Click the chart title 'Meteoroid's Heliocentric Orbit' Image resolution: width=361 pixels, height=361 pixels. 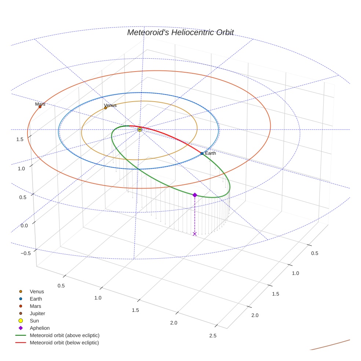[180, 32]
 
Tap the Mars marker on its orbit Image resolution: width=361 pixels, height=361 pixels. [40, 107]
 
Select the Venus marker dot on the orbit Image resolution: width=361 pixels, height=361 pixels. [106, 108]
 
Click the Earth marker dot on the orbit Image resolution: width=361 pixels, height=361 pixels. [202, 153]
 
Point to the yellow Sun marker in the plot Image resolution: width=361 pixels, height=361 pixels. [140, 130]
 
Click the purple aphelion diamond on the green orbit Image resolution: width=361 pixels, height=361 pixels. [195, 195]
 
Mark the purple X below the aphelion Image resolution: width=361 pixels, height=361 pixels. [195, 234]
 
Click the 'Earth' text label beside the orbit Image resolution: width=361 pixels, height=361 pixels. [211, 153]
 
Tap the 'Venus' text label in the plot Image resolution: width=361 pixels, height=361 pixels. [110, 105]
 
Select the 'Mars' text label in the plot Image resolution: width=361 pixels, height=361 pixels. [40, 104]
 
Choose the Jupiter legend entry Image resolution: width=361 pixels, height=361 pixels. [37, 314]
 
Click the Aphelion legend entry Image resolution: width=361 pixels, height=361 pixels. [40, 328]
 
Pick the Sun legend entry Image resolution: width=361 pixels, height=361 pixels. [34, 321]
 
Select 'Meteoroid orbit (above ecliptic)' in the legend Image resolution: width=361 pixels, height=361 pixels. [65, 335]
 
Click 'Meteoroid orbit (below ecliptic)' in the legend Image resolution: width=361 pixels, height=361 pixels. [64, 343]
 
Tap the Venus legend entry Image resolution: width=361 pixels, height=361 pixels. [37, 292]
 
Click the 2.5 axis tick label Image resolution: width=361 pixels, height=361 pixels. [212, 336]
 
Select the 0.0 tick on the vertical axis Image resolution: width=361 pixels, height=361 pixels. [24, 225]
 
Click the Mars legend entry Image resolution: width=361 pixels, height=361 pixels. [36, 306]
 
